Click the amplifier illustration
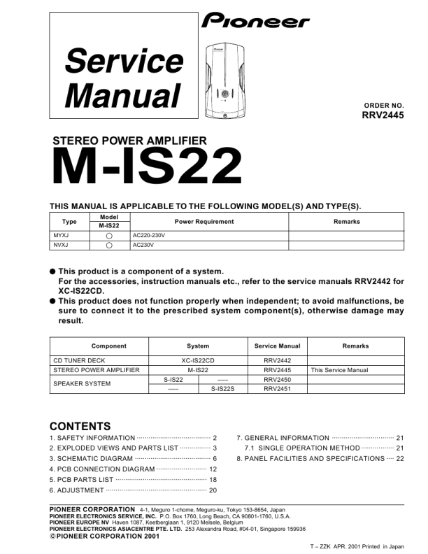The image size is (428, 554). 226,80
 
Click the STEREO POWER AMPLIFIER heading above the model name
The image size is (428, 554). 130,141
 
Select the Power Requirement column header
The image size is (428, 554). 204,222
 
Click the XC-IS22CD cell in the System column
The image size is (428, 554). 198,360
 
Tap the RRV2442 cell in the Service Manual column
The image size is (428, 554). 277,360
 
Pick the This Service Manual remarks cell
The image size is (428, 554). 339,370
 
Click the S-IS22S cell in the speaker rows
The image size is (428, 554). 222,388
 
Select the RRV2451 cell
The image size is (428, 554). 277,388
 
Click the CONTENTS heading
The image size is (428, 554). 80,426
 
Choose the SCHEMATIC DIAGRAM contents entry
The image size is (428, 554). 91,458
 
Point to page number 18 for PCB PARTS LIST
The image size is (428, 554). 213,479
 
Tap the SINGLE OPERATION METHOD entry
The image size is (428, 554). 302,448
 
